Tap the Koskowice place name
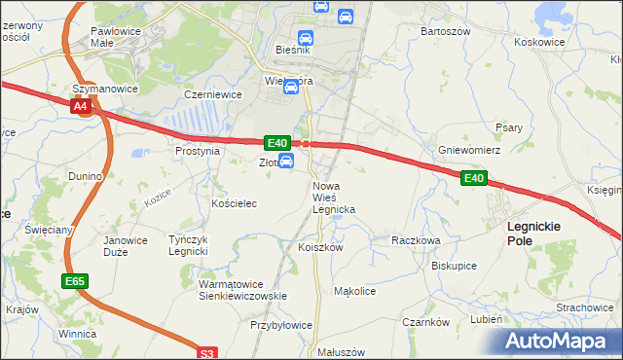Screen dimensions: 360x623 point(539,42)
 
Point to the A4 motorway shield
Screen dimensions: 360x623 point(82,106)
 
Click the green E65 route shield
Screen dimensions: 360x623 point(74,281)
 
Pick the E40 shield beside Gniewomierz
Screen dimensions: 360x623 point(473,178)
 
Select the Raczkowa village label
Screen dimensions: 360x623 point(416,239)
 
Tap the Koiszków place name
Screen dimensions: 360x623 point(320,247)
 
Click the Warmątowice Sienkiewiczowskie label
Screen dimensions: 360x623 point(240,290)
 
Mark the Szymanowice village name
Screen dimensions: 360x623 point(104,89)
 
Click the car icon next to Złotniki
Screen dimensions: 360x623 point(286,161)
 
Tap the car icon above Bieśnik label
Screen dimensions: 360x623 point(306,38)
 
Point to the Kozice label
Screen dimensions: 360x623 point(158,197)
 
